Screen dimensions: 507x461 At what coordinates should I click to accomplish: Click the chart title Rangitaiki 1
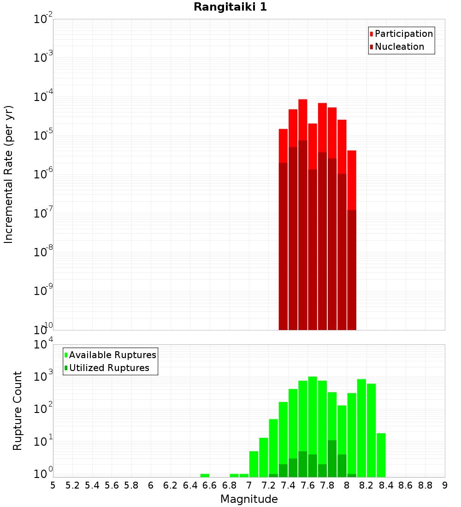pos(230,7)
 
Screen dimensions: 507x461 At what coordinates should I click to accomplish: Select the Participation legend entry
pos(403,34)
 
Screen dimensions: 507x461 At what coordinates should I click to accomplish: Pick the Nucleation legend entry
pos(399,47)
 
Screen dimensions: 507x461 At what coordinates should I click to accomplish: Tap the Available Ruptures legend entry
pos(112,355)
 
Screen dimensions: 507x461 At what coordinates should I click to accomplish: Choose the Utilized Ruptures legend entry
pos(109,368)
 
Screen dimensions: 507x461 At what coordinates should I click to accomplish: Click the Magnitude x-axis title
pos(249,499)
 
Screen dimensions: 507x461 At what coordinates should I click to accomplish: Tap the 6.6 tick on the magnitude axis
pos(210,485)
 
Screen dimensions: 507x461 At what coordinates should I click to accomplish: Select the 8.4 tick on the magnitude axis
pos(386,485)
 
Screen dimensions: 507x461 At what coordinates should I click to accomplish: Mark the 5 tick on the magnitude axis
pos(53,485)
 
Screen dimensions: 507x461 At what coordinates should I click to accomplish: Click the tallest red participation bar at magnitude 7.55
pos(302,120)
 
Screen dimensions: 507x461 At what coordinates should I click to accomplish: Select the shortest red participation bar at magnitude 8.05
pos(352,180)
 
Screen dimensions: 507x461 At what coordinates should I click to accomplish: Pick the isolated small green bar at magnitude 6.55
pos(205,475)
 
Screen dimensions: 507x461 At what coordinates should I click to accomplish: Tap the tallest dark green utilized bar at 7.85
pos(332,459)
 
